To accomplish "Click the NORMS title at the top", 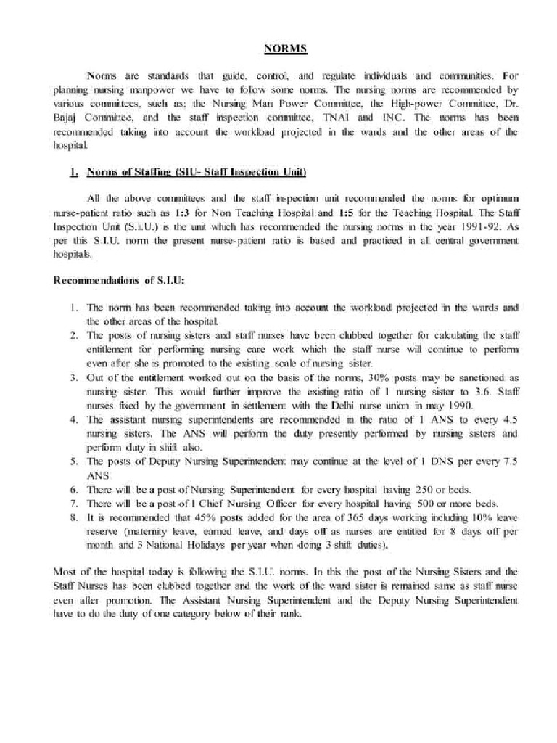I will pos(285,48).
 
